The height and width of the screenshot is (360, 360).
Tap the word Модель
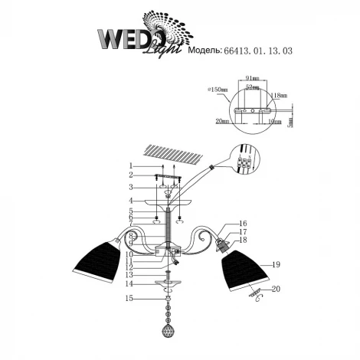[x=204, y=51]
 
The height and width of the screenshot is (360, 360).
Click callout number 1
[x=131, y=165]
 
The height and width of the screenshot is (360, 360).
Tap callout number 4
[x=131, y=201]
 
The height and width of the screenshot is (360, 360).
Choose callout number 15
[x=131, y=299]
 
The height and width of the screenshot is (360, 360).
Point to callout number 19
[x=276, y=264]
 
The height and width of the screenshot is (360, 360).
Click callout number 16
[x=243, y=224]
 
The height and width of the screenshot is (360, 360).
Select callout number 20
[x=276, y=289]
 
